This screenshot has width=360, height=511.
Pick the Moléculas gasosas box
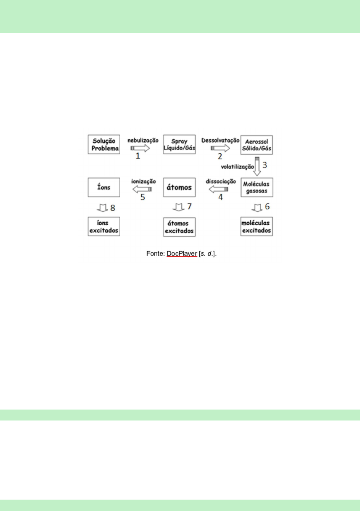257,187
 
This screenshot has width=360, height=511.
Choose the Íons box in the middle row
103,187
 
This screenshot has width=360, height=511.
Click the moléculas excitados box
257,226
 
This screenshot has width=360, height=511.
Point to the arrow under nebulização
140,148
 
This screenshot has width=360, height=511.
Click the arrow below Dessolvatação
220,148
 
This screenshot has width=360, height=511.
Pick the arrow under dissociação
218,189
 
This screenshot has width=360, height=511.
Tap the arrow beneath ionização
142,189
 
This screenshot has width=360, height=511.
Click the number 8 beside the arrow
112,208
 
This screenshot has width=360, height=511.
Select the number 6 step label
267,208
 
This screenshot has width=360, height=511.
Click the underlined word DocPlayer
182,254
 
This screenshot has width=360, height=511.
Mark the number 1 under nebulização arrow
137,156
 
